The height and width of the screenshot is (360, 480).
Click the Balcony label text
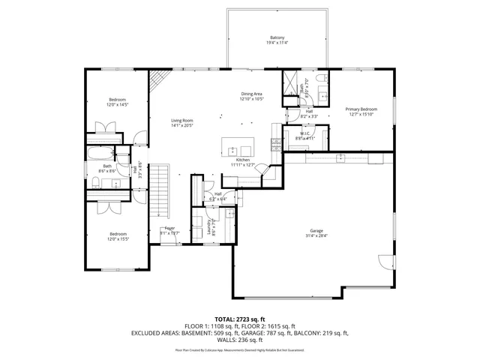[277, 37]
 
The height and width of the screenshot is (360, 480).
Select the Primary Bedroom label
[361, 109]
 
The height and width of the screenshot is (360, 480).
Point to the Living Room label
[182, 121]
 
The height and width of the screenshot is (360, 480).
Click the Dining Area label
[251, 94]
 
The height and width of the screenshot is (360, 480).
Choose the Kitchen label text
[242, 160]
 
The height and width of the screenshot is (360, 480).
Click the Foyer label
[169, 227]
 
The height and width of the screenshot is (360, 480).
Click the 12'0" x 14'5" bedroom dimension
[118, 105]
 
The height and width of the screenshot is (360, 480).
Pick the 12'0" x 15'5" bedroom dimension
[118, 239]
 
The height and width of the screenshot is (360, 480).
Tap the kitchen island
[239, 144]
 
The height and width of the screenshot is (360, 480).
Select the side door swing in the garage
[385, 260]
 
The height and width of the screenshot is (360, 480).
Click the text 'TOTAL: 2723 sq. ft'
[240, 319]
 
